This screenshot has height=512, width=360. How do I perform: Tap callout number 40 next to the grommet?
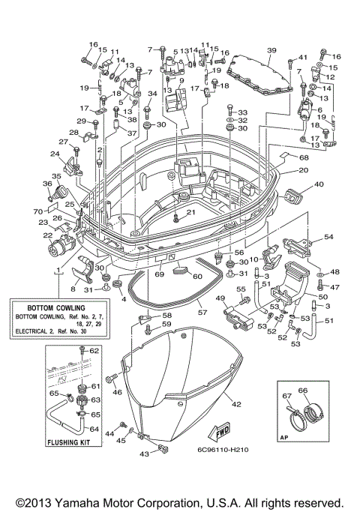318,184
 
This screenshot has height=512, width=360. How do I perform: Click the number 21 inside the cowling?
190,213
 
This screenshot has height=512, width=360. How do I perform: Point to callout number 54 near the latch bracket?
328,237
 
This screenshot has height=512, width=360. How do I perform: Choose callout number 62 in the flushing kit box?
94,351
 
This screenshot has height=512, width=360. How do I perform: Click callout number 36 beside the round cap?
46,183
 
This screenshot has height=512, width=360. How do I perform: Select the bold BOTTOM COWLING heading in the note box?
58,307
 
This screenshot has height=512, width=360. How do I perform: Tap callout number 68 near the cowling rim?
304,157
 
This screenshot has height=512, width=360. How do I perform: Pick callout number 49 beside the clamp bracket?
221,299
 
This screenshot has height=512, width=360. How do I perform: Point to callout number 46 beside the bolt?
117,391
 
